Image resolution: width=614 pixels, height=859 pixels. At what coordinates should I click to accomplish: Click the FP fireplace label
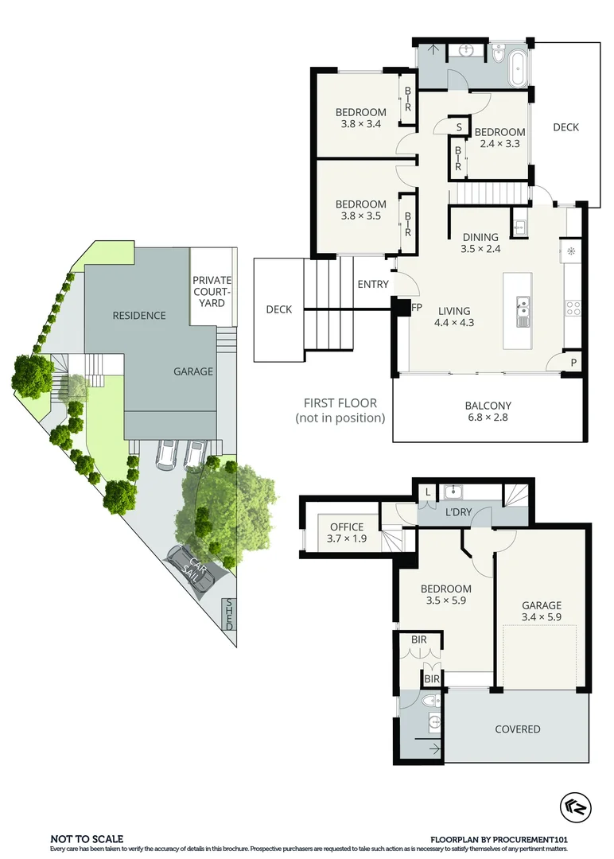click(416, 307)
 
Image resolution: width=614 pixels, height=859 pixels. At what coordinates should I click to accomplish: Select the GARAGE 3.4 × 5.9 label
click(541, 611)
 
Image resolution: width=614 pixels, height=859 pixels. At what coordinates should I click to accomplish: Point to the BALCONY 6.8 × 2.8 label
click(488, 412)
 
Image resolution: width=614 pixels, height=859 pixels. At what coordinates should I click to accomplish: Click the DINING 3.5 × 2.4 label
click(480, 243)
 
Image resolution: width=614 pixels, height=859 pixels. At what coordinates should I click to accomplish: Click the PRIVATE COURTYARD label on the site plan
click(212, 291)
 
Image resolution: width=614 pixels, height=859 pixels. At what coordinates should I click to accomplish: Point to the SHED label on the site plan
click(229, 614)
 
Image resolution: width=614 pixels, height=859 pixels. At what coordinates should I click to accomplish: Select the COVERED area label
click(517, 729)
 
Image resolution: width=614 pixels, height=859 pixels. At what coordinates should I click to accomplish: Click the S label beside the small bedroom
click(459, 126)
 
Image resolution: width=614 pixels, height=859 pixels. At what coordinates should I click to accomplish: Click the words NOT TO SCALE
click(87, 838)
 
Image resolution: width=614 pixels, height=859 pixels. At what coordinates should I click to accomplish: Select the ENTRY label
click(373, 285)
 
